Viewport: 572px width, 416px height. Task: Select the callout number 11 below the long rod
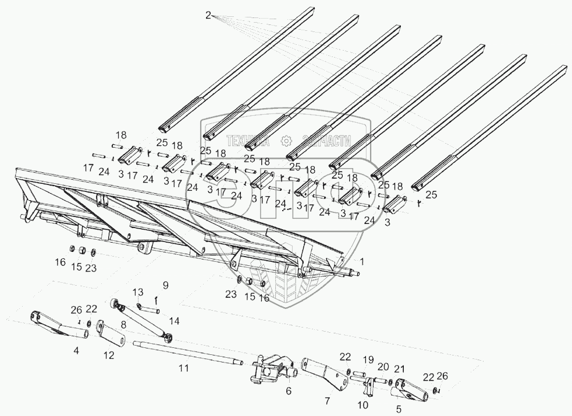(x=184, y=368)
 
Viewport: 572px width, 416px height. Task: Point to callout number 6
(x=288, y=392)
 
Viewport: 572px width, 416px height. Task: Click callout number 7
(x=327, y=401)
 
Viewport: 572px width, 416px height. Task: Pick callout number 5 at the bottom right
(x=399, y=409)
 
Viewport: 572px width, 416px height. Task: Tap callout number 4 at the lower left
(x=76, y=351)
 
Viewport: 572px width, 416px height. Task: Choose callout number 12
(x=109, y=355)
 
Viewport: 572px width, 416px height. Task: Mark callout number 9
(x=165, y=285)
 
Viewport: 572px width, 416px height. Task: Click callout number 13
(x=137, y=291)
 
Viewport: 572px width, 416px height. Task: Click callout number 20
(x=383, y=367)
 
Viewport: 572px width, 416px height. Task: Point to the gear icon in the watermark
(x=286, y=140)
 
